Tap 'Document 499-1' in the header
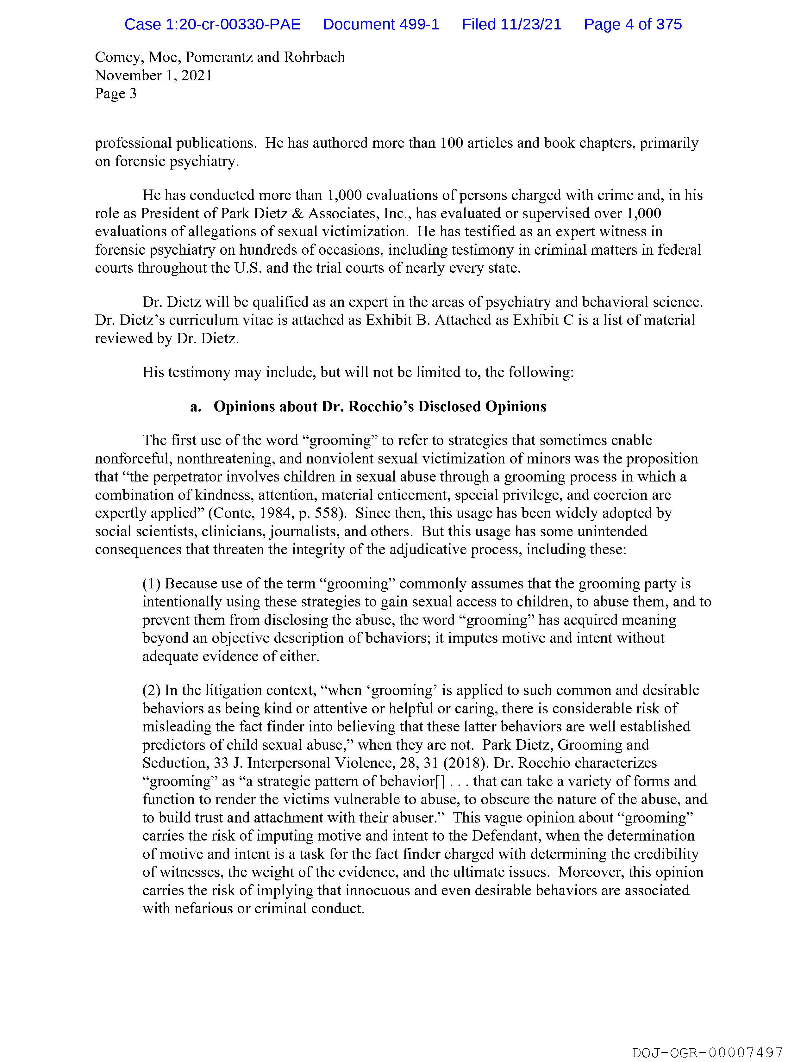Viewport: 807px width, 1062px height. [381, 24]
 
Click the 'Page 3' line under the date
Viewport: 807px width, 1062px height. [116, 94]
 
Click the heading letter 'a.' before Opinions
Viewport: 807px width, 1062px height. [196, 407]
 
